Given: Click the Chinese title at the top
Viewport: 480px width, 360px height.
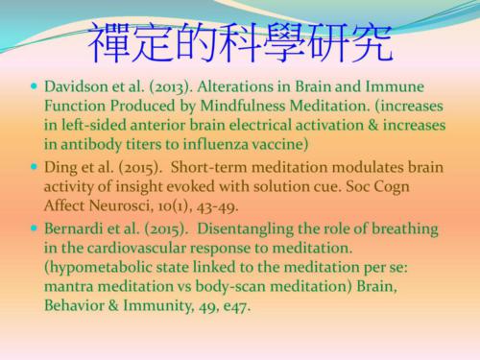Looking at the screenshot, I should point(240,40).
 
